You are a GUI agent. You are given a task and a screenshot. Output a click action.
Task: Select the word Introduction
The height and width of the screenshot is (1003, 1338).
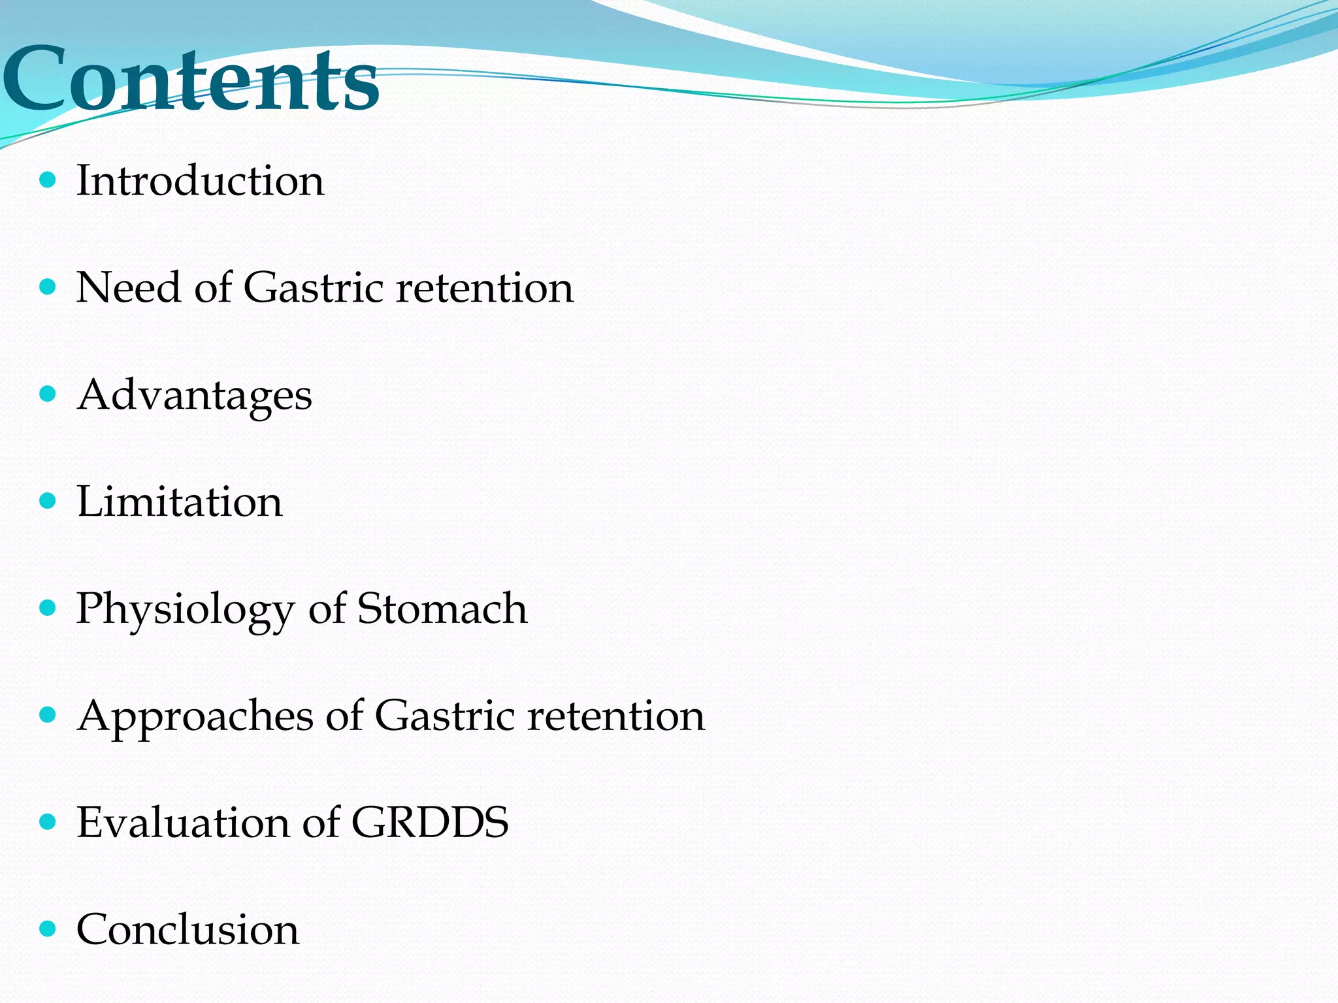coord(200,180)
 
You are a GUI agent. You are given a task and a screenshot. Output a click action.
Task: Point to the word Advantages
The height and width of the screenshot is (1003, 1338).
coord(195,396)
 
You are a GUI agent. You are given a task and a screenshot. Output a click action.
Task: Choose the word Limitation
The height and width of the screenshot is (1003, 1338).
coord(180,501)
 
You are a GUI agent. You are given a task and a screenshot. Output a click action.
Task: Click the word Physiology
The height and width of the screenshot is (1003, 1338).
coord(186,610)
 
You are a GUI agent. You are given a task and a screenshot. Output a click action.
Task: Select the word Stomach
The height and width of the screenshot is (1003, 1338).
coord(442,609)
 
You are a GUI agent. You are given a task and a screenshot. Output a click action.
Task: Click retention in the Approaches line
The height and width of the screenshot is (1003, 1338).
coord(616,716)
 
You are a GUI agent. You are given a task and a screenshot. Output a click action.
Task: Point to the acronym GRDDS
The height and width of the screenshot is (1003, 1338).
coord(430,823)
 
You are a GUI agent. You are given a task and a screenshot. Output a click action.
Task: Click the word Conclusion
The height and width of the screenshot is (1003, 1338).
coord(188,930)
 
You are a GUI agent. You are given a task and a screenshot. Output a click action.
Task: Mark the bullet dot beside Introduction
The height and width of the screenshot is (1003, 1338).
coord(48,180)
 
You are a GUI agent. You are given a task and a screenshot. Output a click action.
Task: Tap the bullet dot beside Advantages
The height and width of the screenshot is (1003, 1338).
coord(48,394)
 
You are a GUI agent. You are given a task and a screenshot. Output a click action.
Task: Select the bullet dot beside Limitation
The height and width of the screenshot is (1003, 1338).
coord(48,501)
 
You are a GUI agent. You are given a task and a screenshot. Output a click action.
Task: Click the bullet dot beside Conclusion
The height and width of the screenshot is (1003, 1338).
coord(48,929)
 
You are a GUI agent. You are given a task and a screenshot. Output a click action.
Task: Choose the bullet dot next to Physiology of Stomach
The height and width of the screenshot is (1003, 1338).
coord(48,608)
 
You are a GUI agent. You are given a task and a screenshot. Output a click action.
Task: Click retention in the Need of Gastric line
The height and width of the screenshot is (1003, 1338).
coord(485,287)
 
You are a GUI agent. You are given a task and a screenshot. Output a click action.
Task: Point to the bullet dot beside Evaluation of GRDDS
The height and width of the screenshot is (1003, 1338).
coord(48,821)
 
